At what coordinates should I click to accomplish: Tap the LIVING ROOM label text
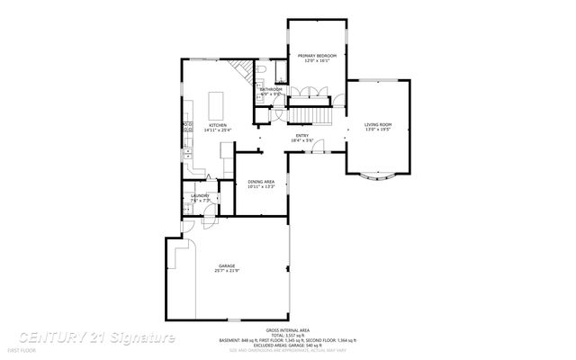click(378, 124)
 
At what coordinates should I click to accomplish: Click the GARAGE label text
click(227, 265)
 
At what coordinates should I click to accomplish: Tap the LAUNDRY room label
click(200, 195)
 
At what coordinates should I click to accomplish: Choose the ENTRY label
click(302, 136)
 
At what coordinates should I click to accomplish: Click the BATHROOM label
click(271, 89)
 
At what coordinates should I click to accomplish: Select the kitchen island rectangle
click(217, 103)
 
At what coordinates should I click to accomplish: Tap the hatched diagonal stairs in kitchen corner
click(238, 71)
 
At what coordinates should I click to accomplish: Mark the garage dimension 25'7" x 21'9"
click(227, 271)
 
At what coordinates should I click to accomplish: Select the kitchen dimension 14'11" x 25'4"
click(217, 131)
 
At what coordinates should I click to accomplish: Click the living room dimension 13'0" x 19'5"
click(378, 130)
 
